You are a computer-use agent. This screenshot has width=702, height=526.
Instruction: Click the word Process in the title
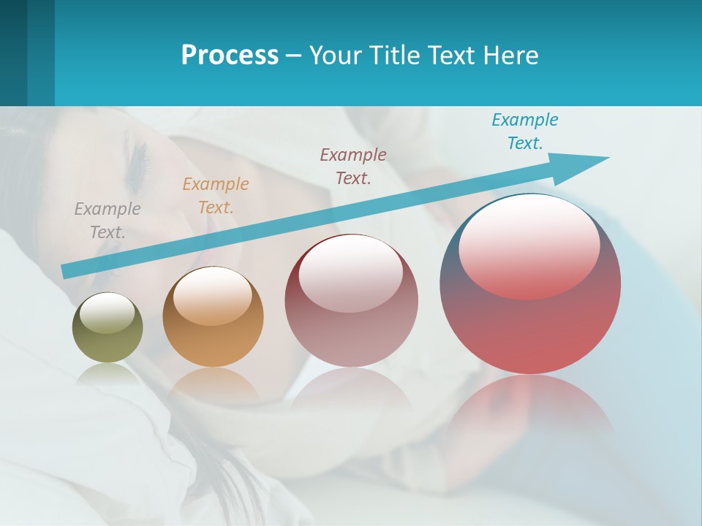(x=230, y=56)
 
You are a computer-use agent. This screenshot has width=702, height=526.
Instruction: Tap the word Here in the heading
(x=510, y=56)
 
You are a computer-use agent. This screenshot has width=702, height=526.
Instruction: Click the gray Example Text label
(x=107, y=221)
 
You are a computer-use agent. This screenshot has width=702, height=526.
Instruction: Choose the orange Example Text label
(x=216, y=196)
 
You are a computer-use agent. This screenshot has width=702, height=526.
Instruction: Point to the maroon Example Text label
(x=353, y=166)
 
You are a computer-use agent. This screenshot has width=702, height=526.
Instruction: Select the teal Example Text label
(x=525, y=131)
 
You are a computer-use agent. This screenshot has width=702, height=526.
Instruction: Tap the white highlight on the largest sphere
(x=529, y=245)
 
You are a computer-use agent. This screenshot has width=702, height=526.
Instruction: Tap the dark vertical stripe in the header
(x=40, y=53)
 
